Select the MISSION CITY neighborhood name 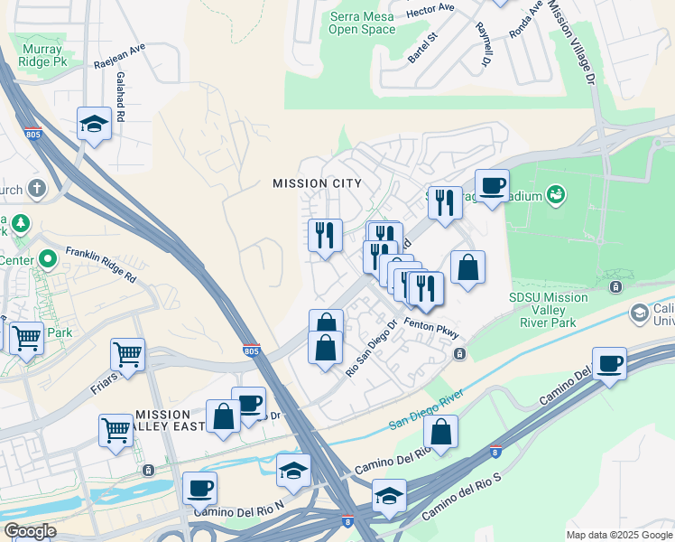click(317, 183)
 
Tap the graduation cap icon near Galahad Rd click(94, 124)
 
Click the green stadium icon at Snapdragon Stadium click(557, 193)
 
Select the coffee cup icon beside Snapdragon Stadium click(492, 186)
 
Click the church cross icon click(36, 189)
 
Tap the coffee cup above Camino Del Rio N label click(199, 489)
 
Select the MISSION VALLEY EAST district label click(163, 419)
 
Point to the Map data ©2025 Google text click(618, 535)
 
